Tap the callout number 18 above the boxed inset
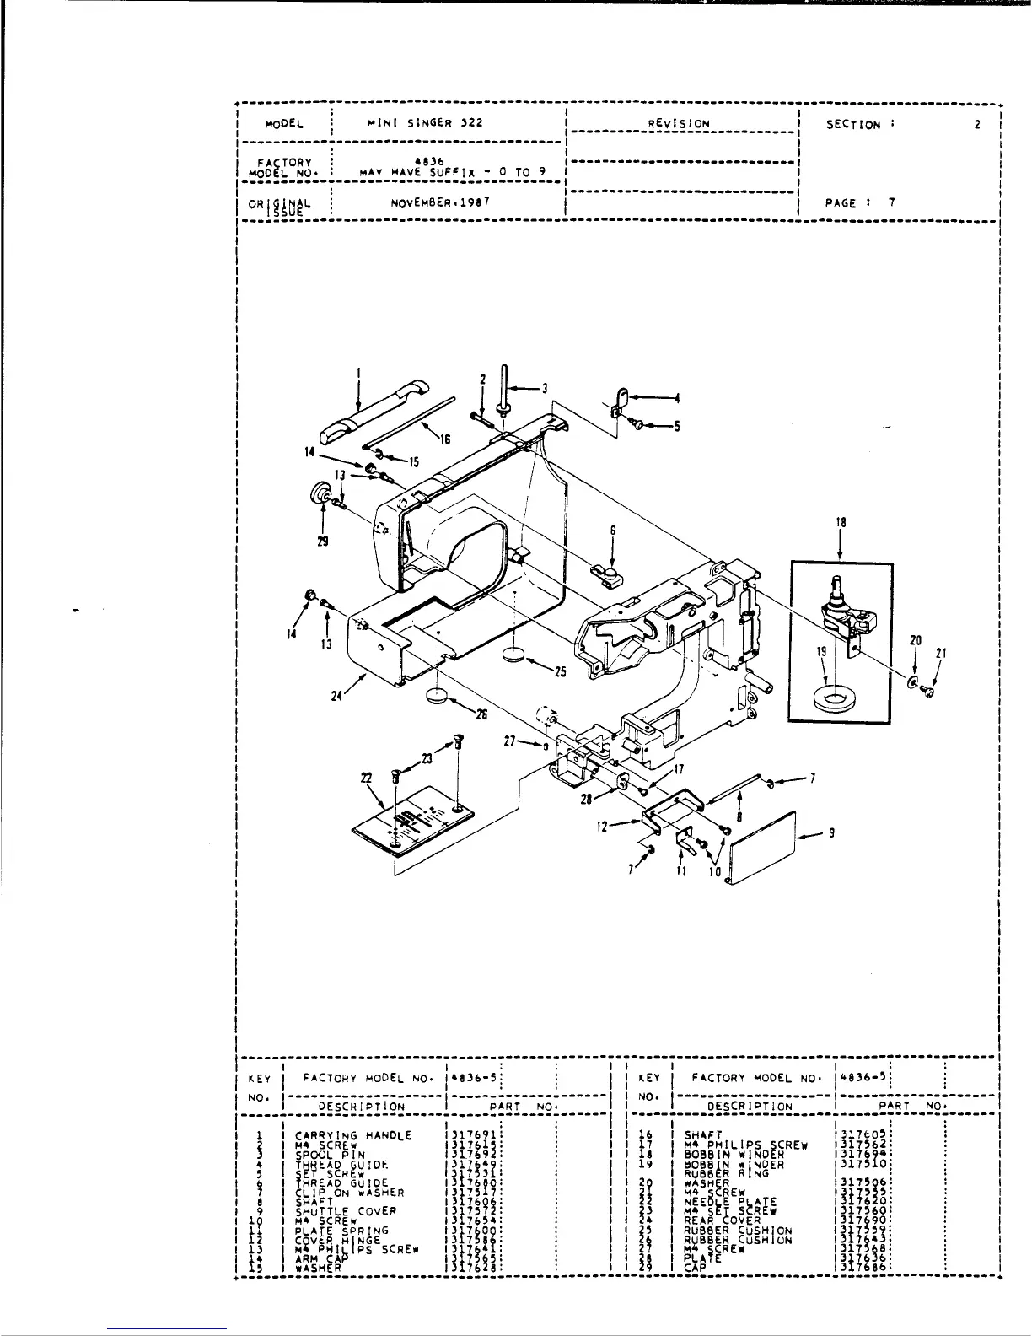[x=841, y=523]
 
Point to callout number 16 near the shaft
[x=444, y=439]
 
